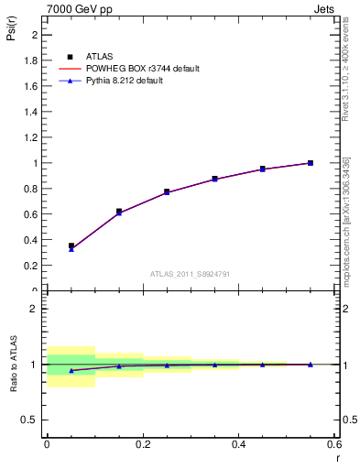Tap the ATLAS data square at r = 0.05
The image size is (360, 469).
click(x=71, y=245)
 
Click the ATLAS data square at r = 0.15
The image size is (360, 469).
click(x=119, y=212)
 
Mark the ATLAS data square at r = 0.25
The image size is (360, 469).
click(x=167, y=191)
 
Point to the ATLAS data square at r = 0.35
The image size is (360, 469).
click(x=214, y=179)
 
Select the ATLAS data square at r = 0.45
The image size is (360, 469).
click(x=262, y=169)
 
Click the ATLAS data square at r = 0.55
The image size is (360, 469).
click(x=310, y=163)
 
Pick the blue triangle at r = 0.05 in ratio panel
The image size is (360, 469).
click(x=71, y=370)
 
